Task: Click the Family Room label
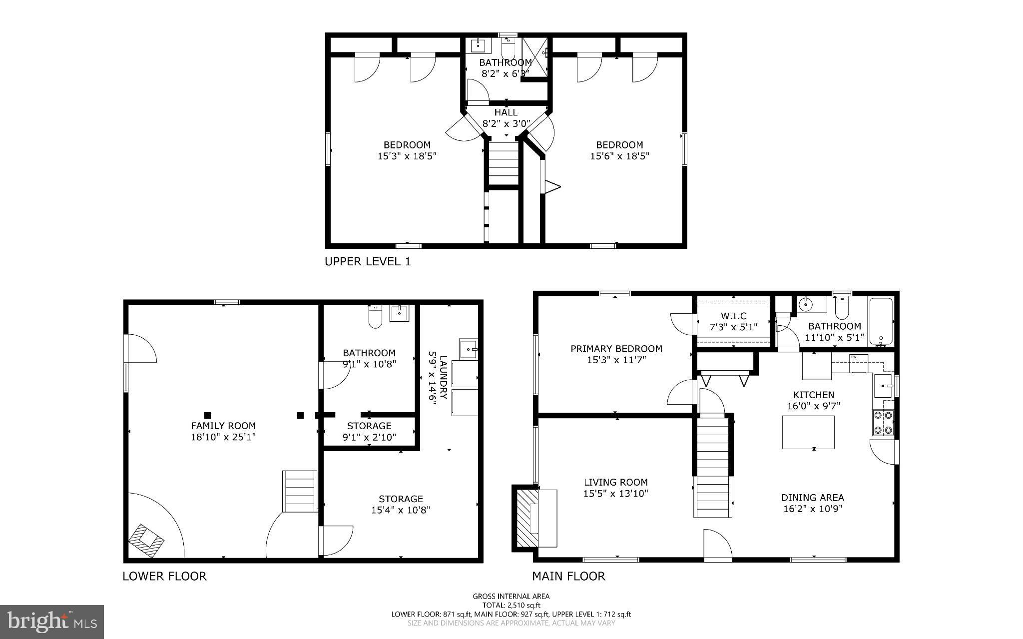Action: tap(223, 426)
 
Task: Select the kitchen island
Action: tap(808, 432)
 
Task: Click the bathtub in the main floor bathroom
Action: tap(881, 322)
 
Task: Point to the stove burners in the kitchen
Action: tap(883, 423)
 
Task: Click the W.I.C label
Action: tap(733, 316)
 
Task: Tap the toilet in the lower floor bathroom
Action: tap(375, 317)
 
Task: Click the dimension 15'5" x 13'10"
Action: tap(615, 493)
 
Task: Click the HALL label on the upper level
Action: tap(506, 112)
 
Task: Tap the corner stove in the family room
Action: tap(146, 540)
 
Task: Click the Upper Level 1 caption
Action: tap(368, 261)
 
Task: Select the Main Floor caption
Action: tap(568, 576)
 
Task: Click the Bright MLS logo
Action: tap(52, 622)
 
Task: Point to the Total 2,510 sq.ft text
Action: tap(511, 605)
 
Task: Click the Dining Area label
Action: tap(812, 498)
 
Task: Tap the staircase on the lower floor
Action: tap(300, 491)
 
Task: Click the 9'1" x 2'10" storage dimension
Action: tap(369, 437)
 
